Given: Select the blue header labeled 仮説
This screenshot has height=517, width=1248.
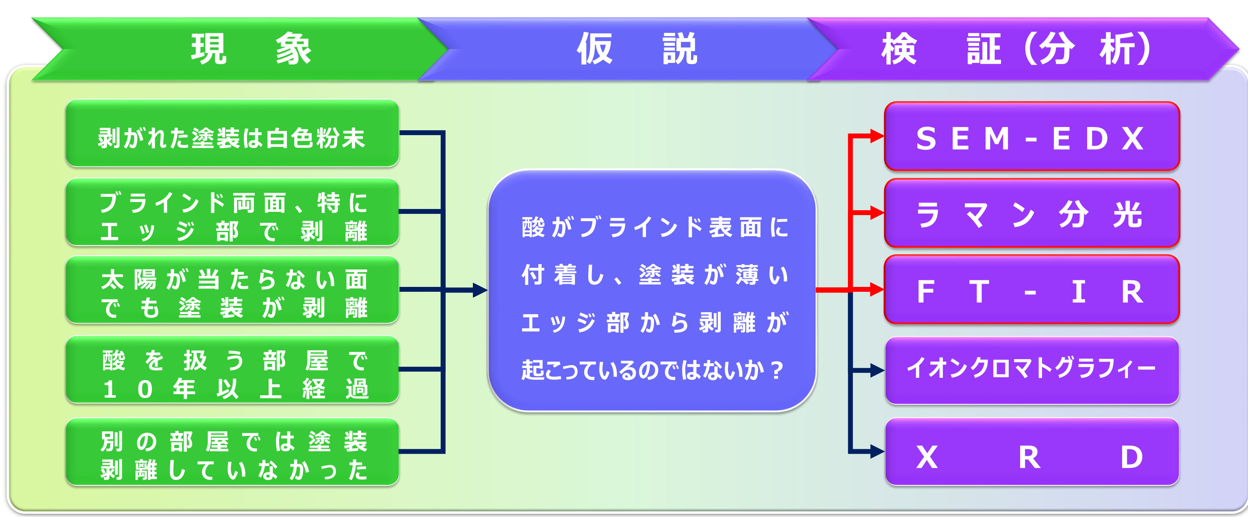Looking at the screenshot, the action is [630, 49].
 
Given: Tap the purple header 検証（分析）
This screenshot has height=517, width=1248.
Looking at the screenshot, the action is [1022, 49].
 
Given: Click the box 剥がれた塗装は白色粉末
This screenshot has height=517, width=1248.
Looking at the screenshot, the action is [232, 133].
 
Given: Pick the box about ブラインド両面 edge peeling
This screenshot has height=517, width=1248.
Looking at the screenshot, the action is [232, 212].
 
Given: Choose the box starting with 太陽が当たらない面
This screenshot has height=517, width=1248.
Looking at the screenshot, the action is [232, 289].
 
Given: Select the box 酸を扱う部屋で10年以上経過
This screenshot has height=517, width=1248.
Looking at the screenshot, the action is [232, 369].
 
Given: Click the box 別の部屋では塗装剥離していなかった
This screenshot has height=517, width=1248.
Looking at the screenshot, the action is [232, 452].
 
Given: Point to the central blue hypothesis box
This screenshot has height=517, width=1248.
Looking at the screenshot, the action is [652, 291].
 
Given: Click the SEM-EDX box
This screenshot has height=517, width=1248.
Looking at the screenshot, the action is [1032, 136].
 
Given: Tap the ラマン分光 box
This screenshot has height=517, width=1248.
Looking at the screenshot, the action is [1032, 213].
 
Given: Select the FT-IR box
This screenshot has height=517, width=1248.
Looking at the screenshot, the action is [1032, 289].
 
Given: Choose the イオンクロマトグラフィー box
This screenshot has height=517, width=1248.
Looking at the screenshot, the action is [1032, 371].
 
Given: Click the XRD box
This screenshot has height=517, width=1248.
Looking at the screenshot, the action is [1032, 452].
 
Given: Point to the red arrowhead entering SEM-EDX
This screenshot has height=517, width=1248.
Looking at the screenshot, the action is [877, 136].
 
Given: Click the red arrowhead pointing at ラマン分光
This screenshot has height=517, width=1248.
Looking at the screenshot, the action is [877, 213].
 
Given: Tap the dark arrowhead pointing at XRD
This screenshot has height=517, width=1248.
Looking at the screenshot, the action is [878, 452].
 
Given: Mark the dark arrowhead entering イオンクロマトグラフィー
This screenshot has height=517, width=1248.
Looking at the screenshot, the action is [878, 371].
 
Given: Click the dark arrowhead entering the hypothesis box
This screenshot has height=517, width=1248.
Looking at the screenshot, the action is [481, 290].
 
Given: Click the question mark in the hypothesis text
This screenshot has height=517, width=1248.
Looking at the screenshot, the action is [777, 371].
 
